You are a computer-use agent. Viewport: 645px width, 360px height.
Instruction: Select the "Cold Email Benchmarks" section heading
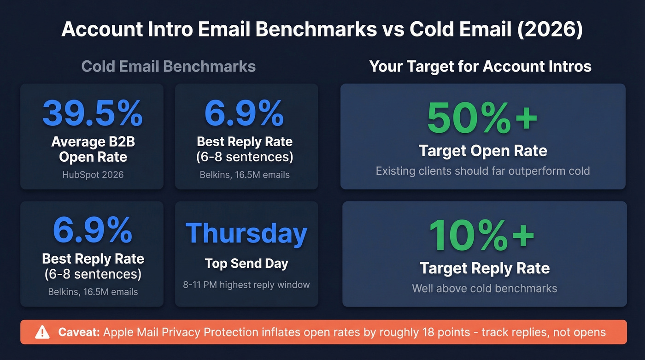[169, 66]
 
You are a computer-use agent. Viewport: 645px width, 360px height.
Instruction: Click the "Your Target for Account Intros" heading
[480, 66]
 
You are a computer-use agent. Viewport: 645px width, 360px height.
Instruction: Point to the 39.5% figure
[93, 113]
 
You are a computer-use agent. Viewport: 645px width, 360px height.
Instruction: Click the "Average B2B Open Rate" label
[93, 149]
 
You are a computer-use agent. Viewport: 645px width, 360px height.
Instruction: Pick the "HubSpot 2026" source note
[93, 175]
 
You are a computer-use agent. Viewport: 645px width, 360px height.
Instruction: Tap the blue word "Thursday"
[246, 233]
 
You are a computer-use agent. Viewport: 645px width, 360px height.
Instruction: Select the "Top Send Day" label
[246, 264]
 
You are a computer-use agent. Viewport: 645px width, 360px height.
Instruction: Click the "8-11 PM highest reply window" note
[246, 285]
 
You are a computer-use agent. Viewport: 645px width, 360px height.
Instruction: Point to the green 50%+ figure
[482, 118]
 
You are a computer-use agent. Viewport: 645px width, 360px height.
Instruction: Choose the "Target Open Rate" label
[482, 151]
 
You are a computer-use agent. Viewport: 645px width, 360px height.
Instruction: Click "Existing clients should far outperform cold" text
[482, 171]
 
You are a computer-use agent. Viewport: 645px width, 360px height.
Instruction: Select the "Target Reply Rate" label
[484, 268]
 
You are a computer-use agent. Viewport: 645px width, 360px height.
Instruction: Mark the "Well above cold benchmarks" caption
[484, 289]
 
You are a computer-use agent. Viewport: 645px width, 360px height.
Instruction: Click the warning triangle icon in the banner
[42, 332]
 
